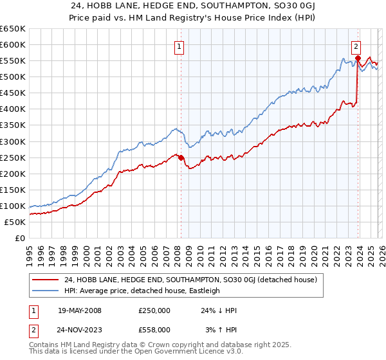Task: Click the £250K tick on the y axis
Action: tap(13, 157)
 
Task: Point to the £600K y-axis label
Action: tap(13, 44)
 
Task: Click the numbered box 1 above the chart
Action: tap(178, 46)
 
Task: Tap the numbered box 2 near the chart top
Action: tap(356, 46)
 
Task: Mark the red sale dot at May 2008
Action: tap(181, 157)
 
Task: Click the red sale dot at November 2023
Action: tap(357, 58)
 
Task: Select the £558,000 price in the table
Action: tap(154, 329)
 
